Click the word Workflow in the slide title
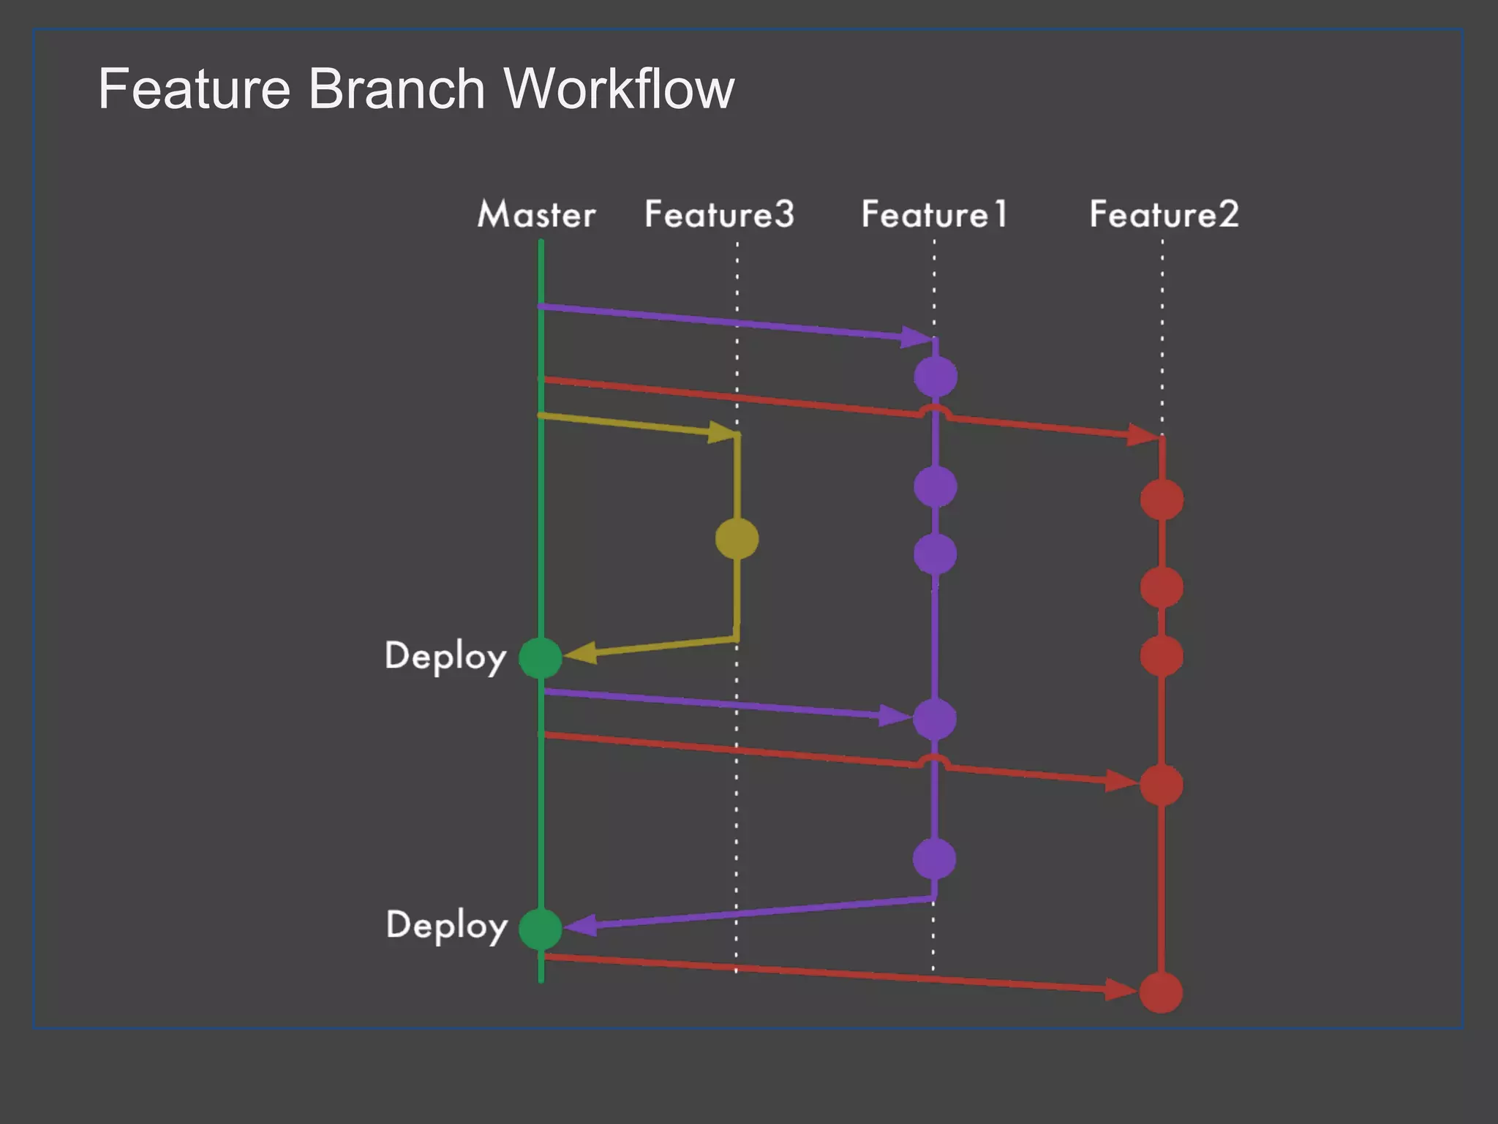[619, 89]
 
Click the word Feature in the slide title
[194, 89]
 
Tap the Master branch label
[536, 215]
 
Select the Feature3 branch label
[719, 215]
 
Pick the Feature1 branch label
[934, 215]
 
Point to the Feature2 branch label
[1164, 215]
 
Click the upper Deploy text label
[445, 657]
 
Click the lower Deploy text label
[446, 926]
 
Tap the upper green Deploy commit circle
[541, 657]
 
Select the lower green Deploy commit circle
[541, 929]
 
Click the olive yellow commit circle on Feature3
[737, 539]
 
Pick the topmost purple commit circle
[936, 377]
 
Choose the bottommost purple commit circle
[935, 859]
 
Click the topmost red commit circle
[1162, 499]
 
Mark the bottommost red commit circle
[1162, 992]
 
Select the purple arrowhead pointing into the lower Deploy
[580, 926]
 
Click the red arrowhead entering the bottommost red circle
[1121, 990]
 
